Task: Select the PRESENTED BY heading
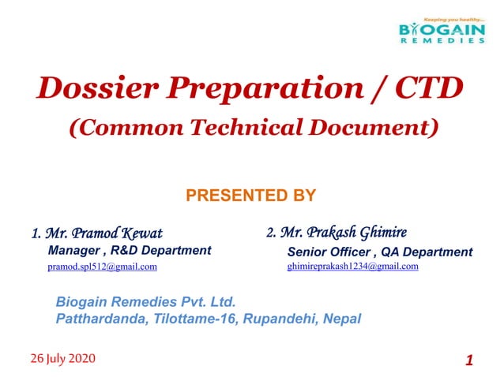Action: [x=250, y=195]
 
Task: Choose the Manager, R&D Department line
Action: [x=130, y=251]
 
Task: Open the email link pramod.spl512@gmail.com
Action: [x=102, y=267]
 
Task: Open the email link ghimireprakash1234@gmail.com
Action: [x=352, y=267]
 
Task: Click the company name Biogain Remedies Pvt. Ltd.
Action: [x=145, y=302]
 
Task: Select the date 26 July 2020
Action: [x=61, y=359]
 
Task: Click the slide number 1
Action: [x=468, y=360]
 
